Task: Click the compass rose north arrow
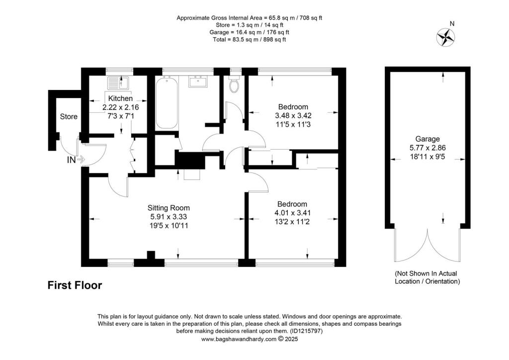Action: (x=445, y=37)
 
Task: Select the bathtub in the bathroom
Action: (x=167, y=103)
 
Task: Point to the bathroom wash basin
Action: (x=201, y=82)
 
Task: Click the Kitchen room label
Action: (x=120, y=98)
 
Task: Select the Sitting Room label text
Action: (x=169, y=208)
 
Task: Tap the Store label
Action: (x=69, y=117)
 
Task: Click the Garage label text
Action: (x=427, y=139)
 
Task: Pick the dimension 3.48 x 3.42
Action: (x=293, y=115)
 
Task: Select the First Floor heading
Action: (x=75, y=285)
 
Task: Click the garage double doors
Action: (x=427, y=246)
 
